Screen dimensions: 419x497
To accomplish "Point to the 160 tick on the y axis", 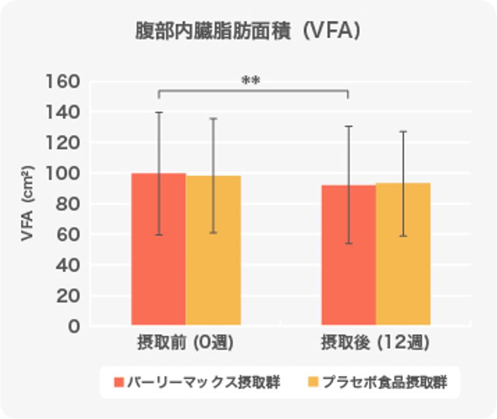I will [63, 81].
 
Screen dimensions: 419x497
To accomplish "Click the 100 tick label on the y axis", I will [63, 173].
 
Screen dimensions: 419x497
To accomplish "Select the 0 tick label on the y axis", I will [74, 326].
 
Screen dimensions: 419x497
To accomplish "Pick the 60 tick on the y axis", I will [67, 234].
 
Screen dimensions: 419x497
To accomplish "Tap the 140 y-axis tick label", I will [63, 112].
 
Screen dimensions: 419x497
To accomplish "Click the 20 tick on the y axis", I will [67, 296].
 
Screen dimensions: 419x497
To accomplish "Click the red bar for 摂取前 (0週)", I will [158, 249].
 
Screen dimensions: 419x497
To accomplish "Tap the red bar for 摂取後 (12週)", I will [348, 254].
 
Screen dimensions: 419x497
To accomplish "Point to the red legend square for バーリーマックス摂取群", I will [119, 382].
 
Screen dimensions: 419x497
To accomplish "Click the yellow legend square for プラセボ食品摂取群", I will [313, 382].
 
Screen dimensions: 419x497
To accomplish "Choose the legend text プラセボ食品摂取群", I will [384, 382].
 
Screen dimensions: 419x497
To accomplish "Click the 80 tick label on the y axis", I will [67, 204].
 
